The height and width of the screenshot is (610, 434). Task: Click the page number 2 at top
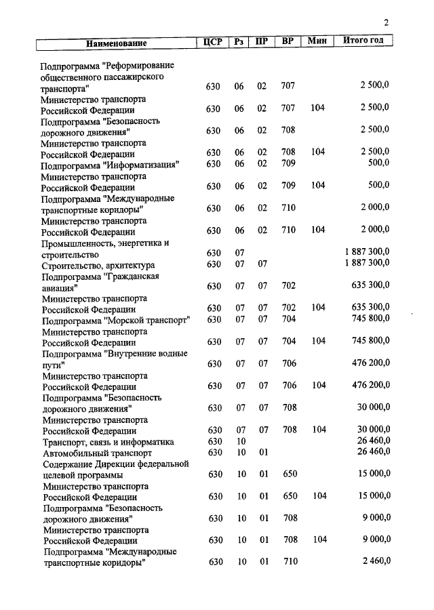point(386,23)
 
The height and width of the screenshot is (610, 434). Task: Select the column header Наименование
point(116,43)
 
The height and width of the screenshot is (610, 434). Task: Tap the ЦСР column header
point(213,41)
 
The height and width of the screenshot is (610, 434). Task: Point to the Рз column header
point(239,41)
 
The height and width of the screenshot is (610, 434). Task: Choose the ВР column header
point(288,41)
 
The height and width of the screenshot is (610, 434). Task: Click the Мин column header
point(317,41)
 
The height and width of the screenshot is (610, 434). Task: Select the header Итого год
point(363,41)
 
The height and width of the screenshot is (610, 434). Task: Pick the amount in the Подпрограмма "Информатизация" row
point(378,163)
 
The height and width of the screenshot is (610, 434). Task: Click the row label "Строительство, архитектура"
point(99,264)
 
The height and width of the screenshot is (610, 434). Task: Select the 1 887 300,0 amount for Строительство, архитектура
point(367,263)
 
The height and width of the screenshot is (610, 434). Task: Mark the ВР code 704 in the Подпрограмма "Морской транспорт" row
point(289,319)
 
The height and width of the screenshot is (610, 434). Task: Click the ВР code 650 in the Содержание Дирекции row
point(290,474)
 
